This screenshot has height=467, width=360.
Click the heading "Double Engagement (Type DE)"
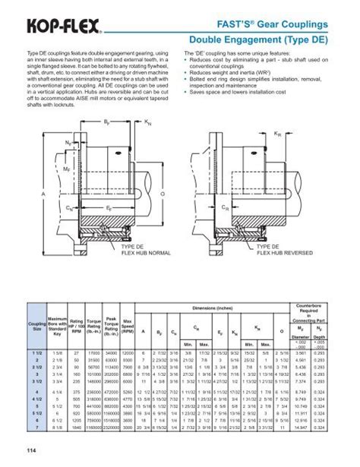tap(273, 39)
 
